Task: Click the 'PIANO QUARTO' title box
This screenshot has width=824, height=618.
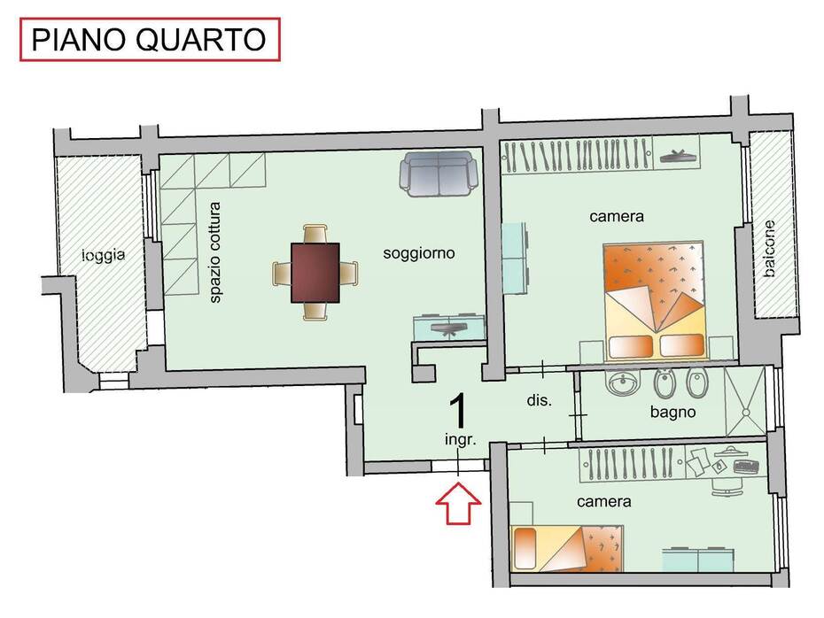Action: point(150,39)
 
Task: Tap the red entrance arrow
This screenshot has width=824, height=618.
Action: point(458,504)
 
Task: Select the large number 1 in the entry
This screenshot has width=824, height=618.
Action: point(459,413)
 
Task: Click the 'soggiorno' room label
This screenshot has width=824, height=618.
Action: point(419,253)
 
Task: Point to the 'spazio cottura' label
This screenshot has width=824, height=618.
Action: point(215,252)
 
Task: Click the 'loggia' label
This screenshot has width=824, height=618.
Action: point(104,256)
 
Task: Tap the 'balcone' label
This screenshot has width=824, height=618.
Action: point(769,249)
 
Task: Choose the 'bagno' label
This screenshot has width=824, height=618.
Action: point(672,413)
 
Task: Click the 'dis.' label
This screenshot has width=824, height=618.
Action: point(540,400)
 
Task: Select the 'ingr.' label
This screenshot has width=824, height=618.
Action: point(461,439)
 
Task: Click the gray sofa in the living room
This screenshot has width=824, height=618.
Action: point(439,174)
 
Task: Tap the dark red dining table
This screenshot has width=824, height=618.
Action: point(315,273)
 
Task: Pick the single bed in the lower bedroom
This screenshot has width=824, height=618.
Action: point(566,549)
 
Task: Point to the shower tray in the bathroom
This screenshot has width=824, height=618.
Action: point(745,402)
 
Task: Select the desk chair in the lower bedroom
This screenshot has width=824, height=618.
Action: point(727,487)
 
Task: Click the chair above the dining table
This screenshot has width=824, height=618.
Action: point(315,234)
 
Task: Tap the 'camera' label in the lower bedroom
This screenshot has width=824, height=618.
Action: point(603,501)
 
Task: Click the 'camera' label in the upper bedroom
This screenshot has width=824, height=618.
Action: point(617,216)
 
